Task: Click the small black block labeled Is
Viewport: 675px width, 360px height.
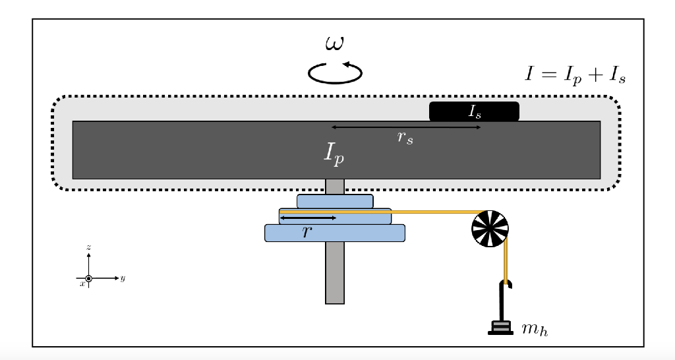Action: pyautogui.click(x=474, y=111)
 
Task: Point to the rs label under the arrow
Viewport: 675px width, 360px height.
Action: pyautogui.click(x=405, y=138)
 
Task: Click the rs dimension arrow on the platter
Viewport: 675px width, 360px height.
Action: pyautogui.click(x=405, y=127)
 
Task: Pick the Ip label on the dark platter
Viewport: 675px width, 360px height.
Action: pyautogui.click(x=334, y=153)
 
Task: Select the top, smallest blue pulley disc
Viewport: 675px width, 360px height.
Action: pyautogui.click(x=335, y=200)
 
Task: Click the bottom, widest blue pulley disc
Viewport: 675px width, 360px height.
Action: pyautogui.click(x=334, y=233)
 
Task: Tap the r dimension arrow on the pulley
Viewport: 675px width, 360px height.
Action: pyautogui.click(x=308, y=218)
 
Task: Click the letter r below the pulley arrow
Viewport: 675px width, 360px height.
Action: pyautogui.click(x=307, y=231)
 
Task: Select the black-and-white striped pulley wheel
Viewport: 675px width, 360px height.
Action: pyautogui.click(x=490, y=228)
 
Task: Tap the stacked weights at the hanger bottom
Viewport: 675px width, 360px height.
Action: pyautogui.click(x=501, y=326)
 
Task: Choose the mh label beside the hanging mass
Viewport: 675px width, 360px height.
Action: pyautogui.click(x=534, y=327)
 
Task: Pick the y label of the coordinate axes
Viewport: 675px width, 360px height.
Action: pyautogui.click(x=123, y=278)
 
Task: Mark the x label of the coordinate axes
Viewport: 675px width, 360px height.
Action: pyautogui.click(x=82, y=284)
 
